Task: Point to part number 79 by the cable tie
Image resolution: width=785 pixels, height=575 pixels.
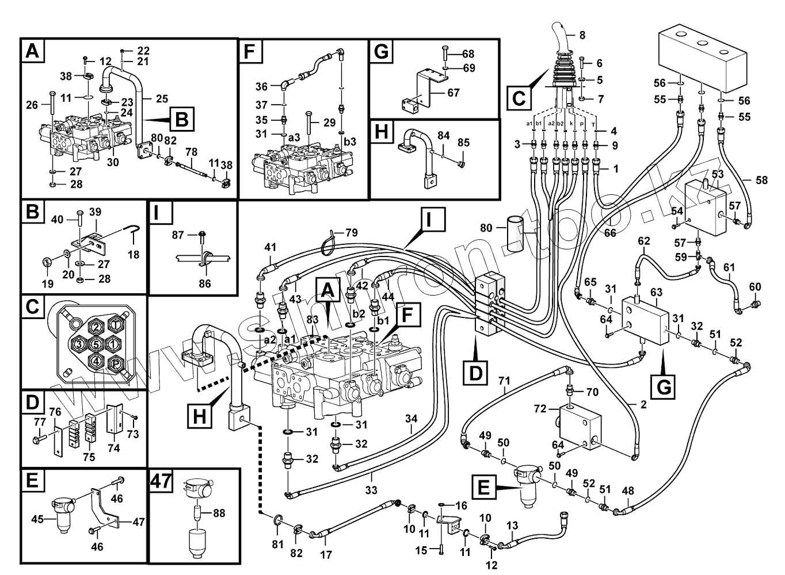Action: pyautogui.click(x=351, y=233)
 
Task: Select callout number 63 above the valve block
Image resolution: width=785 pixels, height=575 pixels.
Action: pyautogui.click(x=657, y=293)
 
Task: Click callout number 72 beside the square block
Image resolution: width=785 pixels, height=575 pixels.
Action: pyautogui.click(x=540, y=409)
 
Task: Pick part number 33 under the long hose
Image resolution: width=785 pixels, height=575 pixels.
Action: pyautogui.click(x=371, y=490)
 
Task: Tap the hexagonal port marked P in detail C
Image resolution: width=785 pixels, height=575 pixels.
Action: pyautogui.click(x=116, y=363)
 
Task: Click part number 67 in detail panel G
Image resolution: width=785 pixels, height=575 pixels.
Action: pyautogui.click(x=454, y=93)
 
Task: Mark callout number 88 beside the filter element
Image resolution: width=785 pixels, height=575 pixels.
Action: pyautogui.click(x=219, y=513)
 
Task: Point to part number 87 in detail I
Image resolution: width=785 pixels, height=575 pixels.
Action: pyautogui.click(x=178, y=235)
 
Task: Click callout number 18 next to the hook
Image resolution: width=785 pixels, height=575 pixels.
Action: pyautogui.click(x=134, y=254)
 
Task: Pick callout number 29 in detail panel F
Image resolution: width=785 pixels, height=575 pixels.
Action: pyautogui.click(x=329, y=122)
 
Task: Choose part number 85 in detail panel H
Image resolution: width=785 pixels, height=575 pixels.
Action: pyautogui.click(x=464, y=142)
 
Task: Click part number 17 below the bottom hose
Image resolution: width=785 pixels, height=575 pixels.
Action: pyautogui.click(x=326, y=555)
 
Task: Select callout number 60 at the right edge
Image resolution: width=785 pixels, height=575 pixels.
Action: pyautogui.click(x=755, y=287)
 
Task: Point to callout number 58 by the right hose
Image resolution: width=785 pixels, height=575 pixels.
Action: pyautogui.click(x=761, y=180)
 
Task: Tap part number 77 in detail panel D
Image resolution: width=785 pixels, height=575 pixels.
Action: pyautogui.click(x=39, y=423)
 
